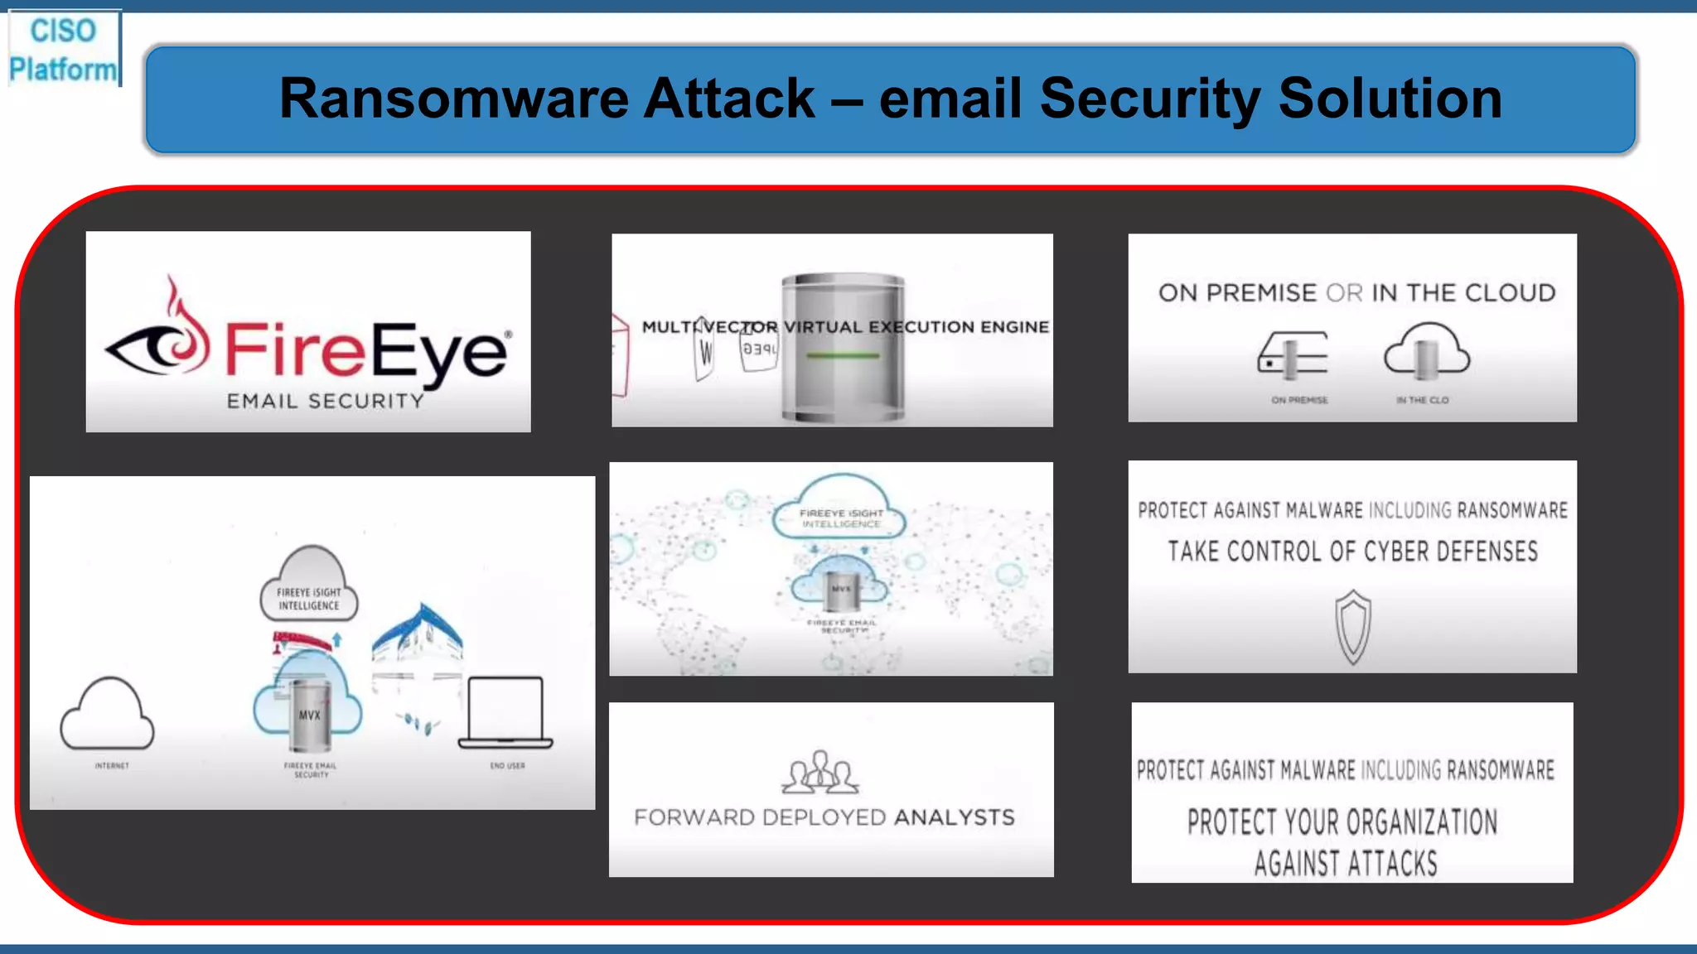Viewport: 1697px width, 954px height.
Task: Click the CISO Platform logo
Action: (63, 49)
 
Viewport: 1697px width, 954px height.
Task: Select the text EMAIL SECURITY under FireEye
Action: (325, 401)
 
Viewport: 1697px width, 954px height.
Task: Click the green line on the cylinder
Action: (842, 356)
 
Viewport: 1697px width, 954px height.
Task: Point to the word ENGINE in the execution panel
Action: (1014, 327)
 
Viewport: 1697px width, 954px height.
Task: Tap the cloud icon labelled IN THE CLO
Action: (1426, 352)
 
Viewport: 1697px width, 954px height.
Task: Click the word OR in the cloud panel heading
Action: (1344, 293)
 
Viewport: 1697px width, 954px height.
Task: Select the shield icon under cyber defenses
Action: (1352, 627)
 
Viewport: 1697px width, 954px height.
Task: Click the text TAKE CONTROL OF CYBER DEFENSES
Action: (1352, 552)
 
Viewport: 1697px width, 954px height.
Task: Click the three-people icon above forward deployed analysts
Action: (819, 772)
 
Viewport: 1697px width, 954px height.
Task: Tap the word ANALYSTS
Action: (954, 817)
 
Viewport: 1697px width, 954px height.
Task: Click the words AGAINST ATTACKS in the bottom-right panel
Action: (1345, 864)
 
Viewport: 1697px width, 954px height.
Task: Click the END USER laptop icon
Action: (505, 712)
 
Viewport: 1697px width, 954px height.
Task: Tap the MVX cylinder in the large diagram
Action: (310, 714)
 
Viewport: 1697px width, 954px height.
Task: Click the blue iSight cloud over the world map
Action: (841, 508)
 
